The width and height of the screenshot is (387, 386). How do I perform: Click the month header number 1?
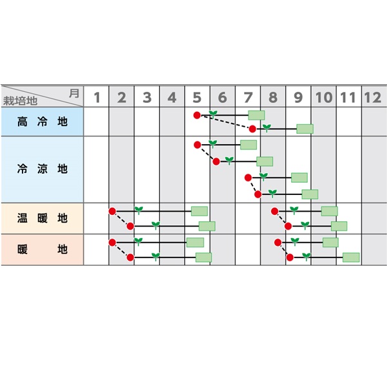tap(97, 97)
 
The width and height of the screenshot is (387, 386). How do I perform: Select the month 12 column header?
tap(373, 97)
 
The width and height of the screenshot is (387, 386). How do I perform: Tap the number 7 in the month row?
tap(248, 97)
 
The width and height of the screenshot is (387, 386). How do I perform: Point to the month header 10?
tap(324, 97)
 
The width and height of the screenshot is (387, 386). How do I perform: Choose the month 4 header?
tap(172, 97)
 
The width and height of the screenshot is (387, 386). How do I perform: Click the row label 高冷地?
tap(42, 122)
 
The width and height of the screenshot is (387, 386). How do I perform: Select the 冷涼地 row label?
tap(42, 169)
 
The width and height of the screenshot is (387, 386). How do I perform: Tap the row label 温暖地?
tap(42, 218)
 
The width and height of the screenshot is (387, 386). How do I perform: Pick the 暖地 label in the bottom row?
tap(42, 249)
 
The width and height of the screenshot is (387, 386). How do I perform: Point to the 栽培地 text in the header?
tap(20, 101)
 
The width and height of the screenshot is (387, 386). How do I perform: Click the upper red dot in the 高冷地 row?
tap(197, 115)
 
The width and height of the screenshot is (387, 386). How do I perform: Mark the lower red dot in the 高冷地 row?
tap(252, 129)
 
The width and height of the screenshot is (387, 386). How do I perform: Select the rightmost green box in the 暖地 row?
tap(351, 257)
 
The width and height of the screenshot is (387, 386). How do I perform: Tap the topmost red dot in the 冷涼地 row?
tap(197, 145)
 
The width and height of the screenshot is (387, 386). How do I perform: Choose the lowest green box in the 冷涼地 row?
tap(310, 194)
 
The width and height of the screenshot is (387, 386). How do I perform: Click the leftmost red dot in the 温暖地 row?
tap(112, 211)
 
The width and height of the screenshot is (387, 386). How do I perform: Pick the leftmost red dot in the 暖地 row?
tap(112, 243)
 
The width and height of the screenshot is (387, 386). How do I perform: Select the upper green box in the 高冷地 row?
tap(256, 115)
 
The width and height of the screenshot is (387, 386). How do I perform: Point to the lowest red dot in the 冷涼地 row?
tap(258, 194)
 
